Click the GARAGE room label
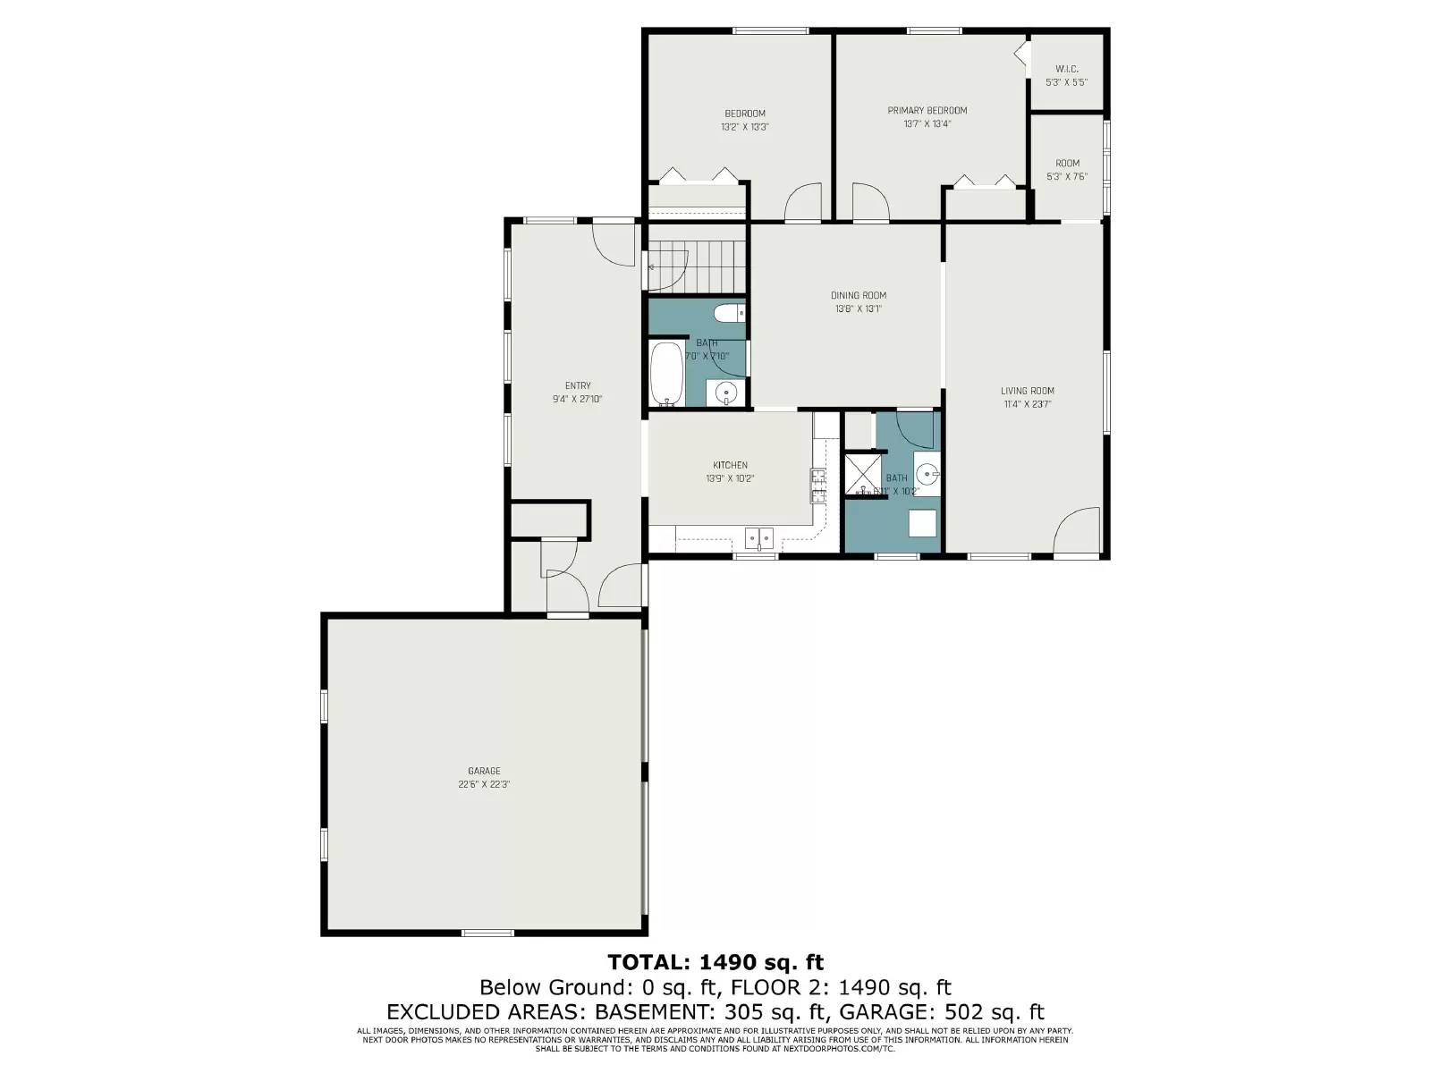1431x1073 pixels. point(484,771)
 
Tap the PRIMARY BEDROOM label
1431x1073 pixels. point(927,111)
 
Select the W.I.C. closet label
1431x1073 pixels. point(1066,69)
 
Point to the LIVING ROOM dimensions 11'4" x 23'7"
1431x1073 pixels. point(1027,404)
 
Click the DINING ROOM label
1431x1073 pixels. point(858,296)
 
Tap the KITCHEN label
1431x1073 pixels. point(730,465)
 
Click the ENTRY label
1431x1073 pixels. point(577,386)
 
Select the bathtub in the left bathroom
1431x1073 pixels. point(665,373)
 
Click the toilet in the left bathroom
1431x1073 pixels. point(728,314)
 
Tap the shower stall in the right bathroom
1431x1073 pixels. point(862,475)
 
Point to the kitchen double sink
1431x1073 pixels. point(759,537)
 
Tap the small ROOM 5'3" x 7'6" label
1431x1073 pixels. point(1067,164)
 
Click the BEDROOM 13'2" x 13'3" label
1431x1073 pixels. point(744,114)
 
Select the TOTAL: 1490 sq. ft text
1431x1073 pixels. point(715,962)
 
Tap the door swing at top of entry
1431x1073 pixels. point(614,242)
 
